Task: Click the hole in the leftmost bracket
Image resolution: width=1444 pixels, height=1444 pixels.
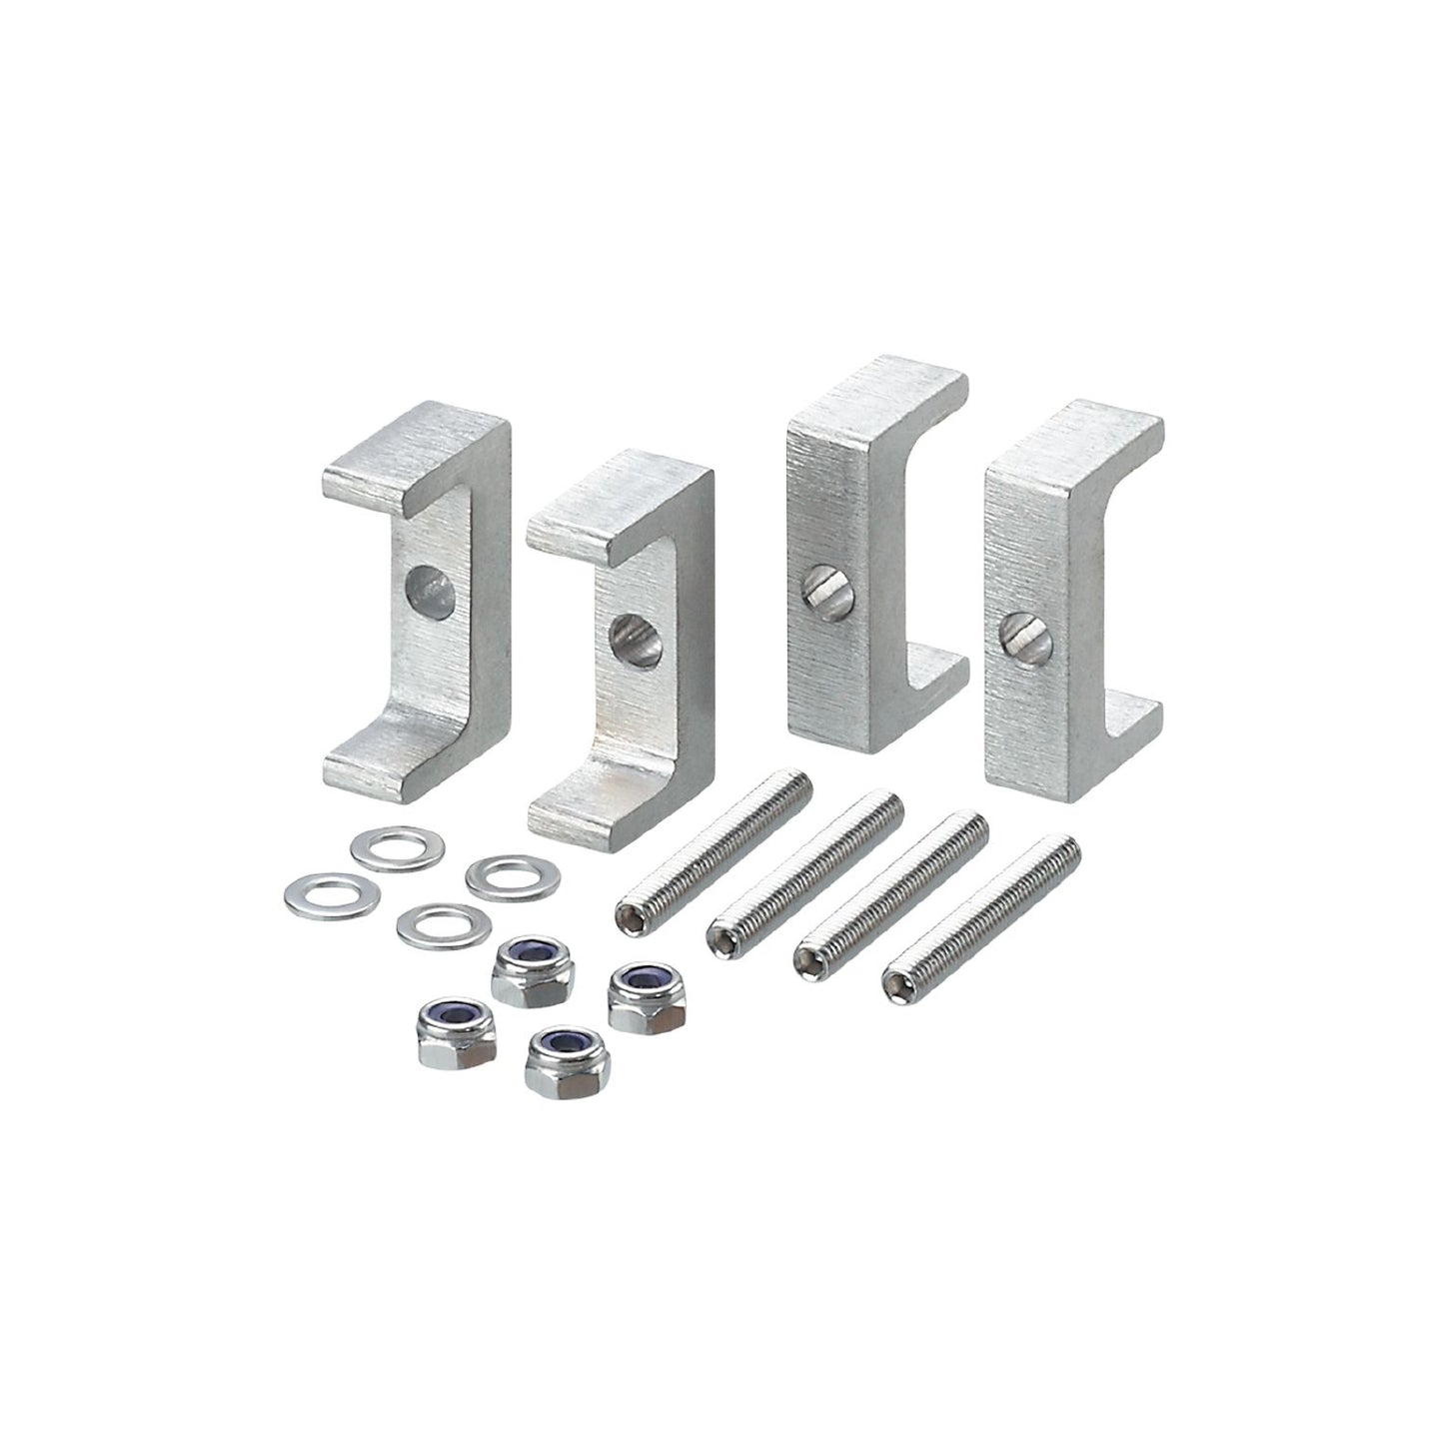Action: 431,587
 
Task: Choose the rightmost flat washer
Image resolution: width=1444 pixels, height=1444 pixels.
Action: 513,875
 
